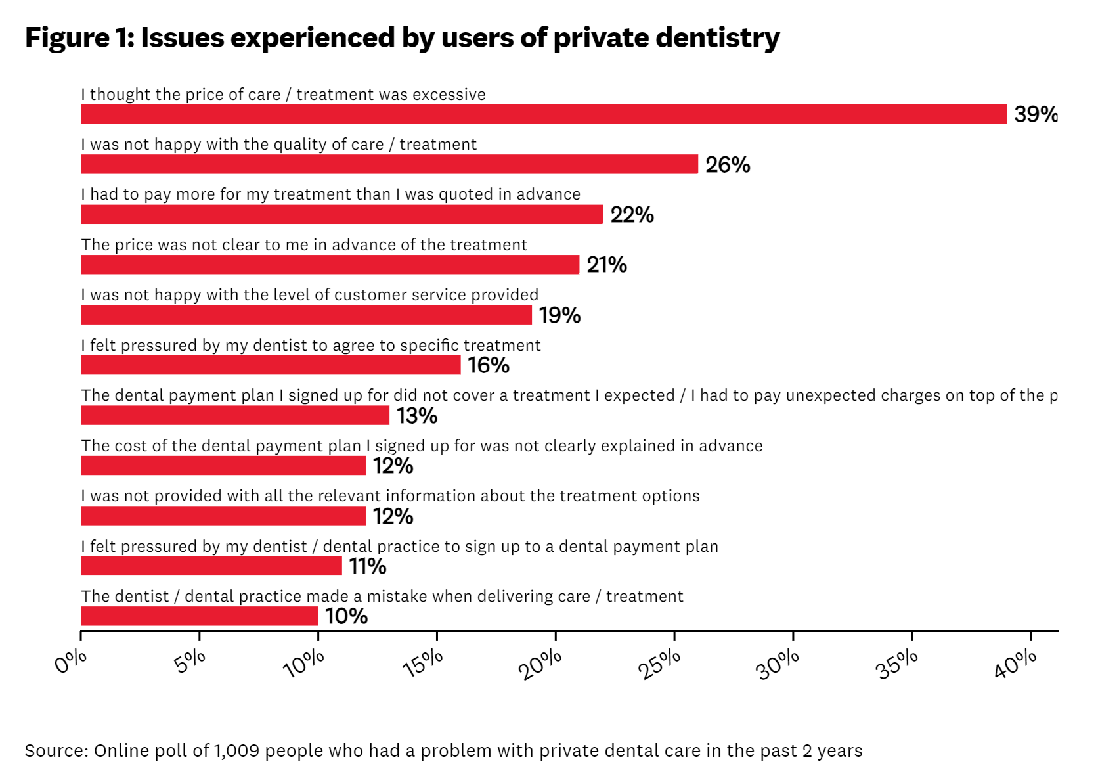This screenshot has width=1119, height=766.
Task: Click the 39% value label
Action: click(1036, 114)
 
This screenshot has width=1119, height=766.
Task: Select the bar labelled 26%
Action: click(389, 164)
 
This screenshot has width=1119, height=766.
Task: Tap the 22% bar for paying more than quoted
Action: click(341, 214)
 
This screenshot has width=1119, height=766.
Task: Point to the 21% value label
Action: click(607, 265)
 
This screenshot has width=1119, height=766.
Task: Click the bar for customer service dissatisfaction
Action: click(306, 315)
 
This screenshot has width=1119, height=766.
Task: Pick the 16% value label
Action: click(489, 365)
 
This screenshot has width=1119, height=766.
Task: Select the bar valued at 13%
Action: click(235, 415)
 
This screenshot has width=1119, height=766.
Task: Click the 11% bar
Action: click(211, 566)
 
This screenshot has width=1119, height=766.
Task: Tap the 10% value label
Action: click(346, 616)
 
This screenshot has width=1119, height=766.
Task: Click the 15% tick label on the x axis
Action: click(423, 664)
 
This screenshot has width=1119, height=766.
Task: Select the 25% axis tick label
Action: click(659, 665)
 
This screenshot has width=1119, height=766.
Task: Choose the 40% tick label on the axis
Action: click(1015, 664)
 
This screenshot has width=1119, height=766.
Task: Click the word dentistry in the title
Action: click(717, 38)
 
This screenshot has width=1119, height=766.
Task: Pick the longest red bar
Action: click(544, 114)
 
